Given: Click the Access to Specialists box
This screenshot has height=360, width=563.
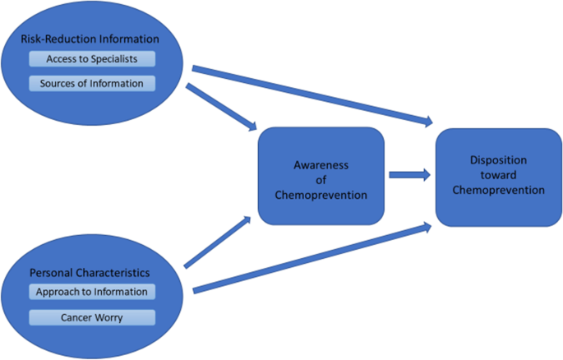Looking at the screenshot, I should point(91,59).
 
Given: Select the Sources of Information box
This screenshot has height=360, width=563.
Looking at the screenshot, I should point(91,83).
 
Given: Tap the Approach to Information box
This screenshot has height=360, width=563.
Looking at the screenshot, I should point(91,292).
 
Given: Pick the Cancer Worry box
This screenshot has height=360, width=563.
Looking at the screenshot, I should point(91,316).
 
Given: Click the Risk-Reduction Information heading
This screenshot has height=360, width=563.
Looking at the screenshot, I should point(91,38).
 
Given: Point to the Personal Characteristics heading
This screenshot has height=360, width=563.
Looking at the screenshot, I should point(91,271).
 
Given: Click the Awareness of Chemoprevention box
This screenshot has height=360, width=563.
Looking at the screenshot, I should point(321,176).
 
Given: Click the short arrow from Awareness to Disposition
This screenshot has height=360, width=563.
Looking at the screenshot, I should point(408,174).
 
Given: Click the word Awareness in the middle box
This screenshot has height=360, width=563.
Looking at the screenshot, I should point(321,164).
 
